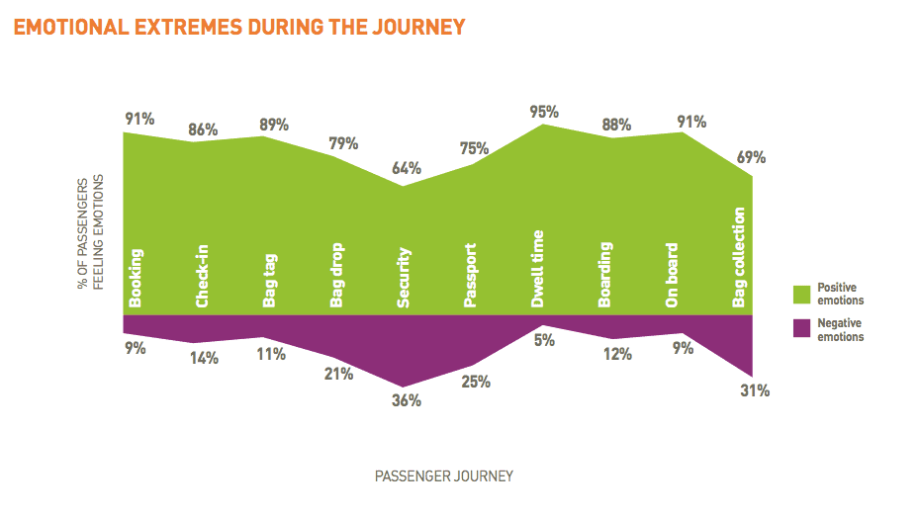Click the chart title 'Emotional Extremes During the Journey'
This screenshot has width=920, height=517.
[x=238, y=27]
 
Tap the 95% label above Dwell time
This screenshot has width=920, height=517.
[x=544, y=112]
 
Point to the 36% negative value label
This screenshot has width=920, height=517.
[x=407, y=400]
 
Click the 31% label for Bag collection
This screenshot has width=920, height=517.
[x=755, y=390]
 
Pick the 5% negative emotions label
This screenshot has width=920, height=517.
[x=543, y=340]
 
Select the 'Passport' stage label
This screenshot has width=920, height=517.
[x=471, y=276]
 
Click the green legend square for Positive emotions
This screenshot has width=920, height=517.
[x=802, y=294]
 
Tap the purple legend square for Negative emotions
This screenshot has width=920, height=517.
[x=802, y=330]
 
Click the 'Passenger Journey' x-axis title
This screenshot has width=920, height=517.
[x=444, y=476]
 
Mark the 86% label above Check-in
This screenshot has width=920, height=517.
[x=204, y=129]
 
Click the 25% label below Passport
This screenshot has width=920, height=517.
[x=476, y=382]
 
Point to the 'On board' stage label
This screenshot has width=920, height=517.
[x=673, y=278]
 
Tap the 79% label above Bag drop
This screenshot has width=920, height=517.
[x=342, y=144]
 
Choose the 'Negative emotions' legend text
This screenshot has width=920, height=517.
[x=840, y=330]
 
